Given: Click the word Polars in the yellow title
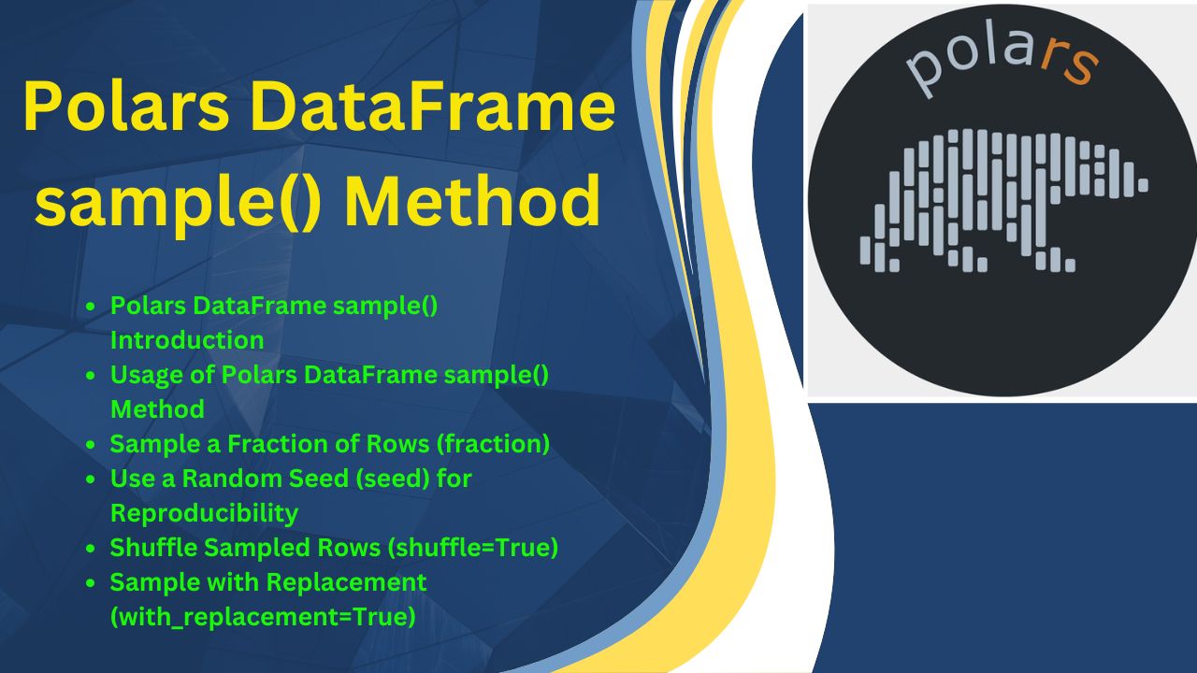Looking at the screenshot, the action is (126, 106).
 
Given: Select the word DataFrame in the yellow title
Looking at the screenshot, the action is (433, 106).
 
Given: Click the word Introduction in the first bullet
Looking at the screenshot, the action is (187, 340).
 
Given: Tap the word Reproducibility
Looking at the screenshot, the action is (204, 514).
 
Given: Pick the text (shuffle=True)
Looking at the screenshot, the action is (473, 548).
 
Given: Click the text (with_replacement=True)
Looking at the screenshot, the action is (263, 618).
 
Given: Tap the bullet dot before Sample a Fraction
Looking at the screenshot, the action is (91, 444).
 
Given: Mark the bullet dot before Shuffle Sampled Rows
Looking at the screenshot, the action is (91, 548).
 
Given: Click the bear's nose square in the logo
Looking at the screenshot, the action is (1143, 185).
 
